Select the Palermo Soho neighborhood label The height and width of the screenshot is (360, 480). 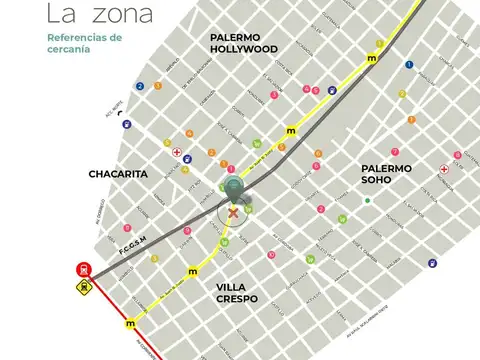[x=386, y=174]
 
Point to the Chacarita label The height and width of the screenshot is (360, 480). [x=118, y=173]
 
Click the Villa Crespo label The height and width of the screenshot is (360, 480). [x=237, y=292]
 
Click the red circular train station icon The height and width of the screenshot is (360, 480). [x=82, y=268]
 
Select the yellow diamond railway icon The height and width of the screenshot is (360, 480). [x=82, y=287]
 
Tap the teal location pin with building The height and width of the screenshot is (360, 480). [x=234, y=187]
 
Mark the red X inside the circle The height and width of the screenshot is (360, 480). [x=234, y=211]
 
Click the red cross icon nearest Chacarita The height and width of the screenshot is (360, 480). [x=177, y=153]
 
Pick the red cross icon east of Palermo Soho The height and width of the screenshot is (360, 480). [x=444, y=169]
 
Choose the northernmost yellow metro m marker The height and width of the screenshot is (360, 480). [x=372, y=59]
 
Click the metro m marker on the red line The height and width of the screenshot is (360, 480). [x=130, y=324]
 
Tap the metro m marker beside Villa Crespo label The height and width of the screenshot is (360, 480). [x=192, y=271]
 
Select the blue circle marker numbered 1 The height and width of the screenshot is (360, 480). [x=409, y=64]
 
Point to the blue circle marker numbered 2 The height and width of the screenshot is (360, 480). [x=140, y=86]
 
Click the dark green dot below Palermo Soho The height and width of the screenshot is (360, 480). [x=367, y=201]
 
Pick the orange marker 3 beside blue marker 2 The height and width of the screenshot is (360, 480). [x=157, y=86]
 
